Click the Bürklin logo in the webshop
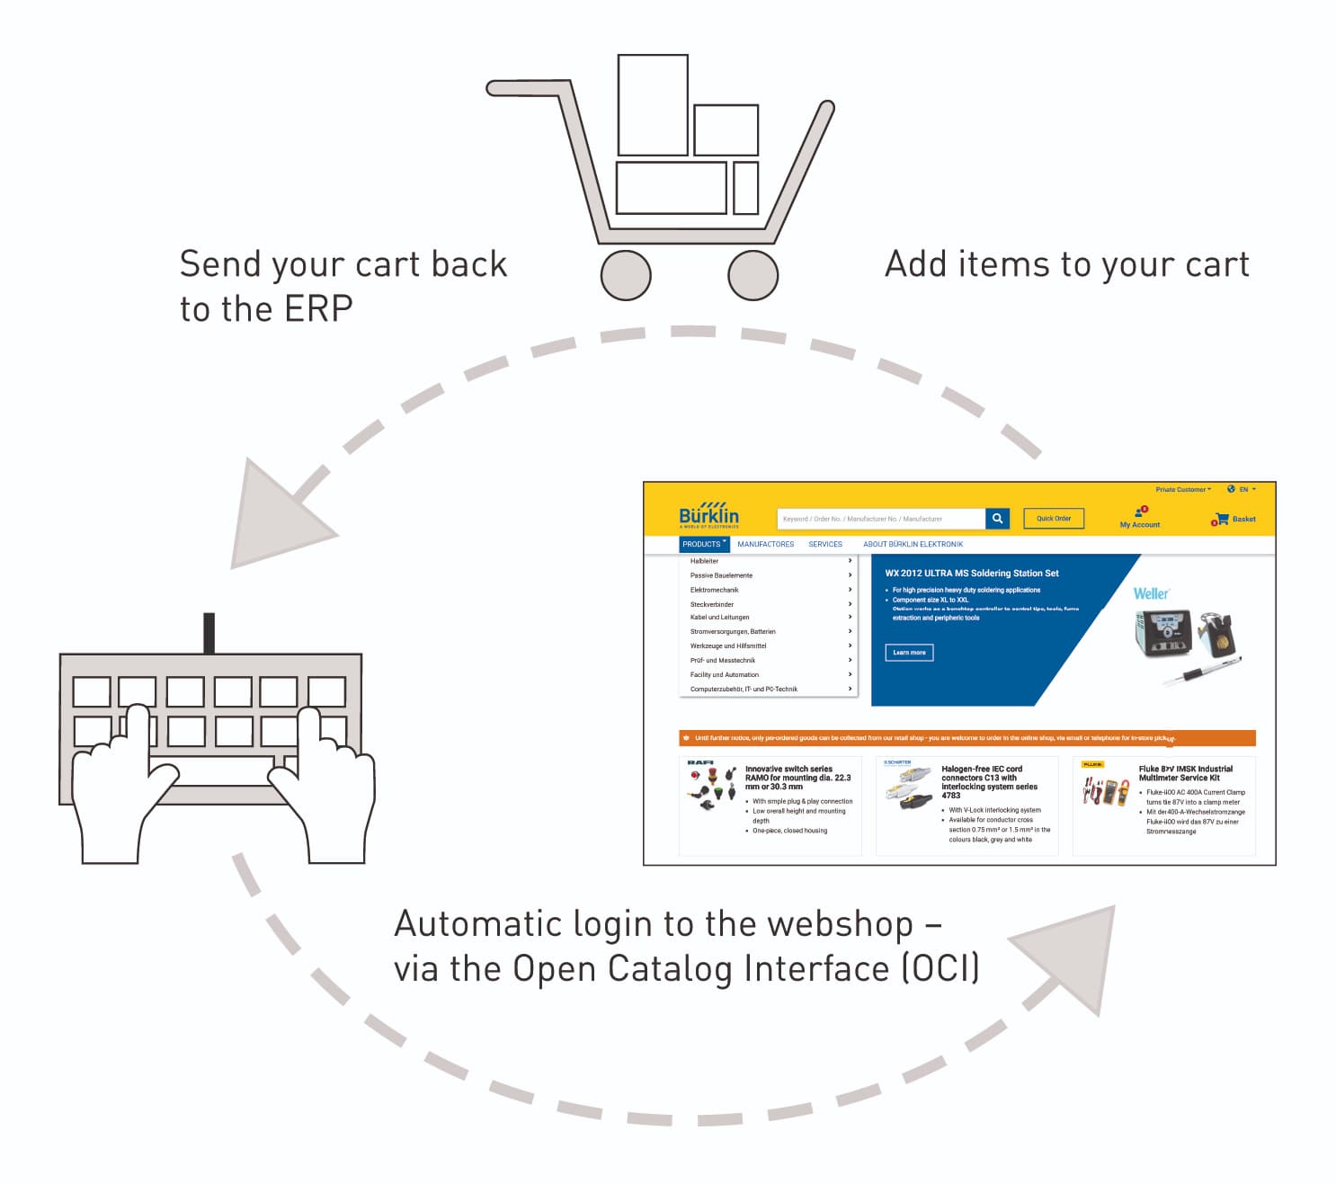(708, 515)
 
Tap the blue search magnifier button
(997, 519)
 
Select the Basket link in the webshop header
(1243, 519)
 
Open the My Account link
(1140, 524)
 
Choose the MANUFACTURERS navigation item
(765, 544)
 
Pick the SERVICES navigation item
(824, 544)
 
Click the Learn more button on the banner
(909, 653)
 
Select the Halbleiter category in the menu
(704, 561)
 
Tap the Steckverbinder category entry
(712, 604)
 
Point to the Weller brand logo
(1151, 593)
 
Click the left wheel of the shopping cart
(626, 275)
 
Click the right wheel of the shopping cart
(753, 275)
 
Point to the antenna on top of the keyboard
(209, 633)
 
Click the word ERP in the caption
(318, 309)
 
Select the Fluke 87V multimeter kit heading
(1185, 773)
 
